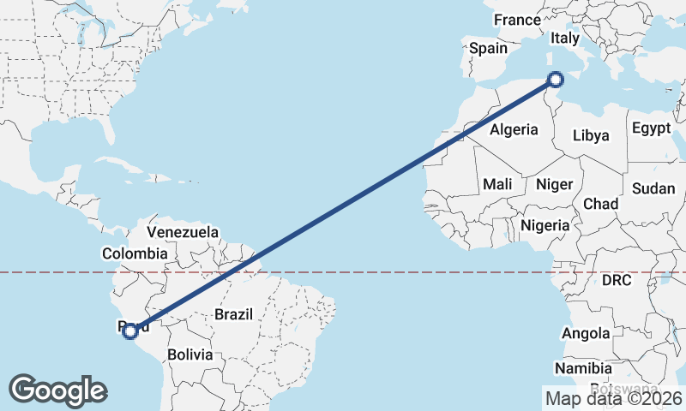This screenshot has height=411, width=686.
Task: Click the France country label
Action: [518, 20]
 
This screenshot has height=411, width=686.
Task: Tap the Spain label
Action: [488, 49]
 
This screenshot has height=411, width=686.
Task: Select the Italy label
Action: [565, 39]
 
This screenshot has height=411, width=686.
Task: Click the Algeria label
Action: [514, 130]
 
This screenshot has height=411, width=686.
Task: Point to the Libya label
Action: [591, 135]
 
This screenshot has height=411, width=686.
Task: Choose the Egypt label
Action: [651, 128]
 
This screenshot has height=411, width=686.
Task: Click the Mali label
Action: [497, 184]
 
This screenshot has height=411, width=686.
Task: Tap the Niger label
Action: [554, 184]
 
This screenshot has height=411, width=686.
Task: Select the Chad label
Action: [600, 204]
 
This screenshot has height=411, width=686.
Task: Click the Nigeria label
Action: [545, 225]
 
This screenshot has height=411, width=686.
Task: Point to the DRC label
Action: [617, 280]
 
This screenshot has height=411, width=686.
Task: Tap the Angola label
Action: [587, 333]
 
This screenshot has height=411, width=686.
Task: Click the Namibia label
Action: [583, 368]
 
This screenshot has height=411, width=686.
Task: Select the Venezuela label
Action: [183, 232]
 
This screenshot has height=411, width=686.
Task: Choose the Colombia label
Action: [135, 253]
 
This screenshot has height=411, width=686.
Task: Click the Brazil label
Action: [233, 314]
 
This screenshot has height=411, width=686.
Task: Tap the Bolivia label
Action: [190, 354]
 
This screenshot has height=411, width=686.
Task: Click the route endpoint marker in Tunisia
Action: [556, 80]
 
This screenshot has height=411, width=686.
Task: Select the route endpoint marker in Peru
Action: [129, 331]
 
